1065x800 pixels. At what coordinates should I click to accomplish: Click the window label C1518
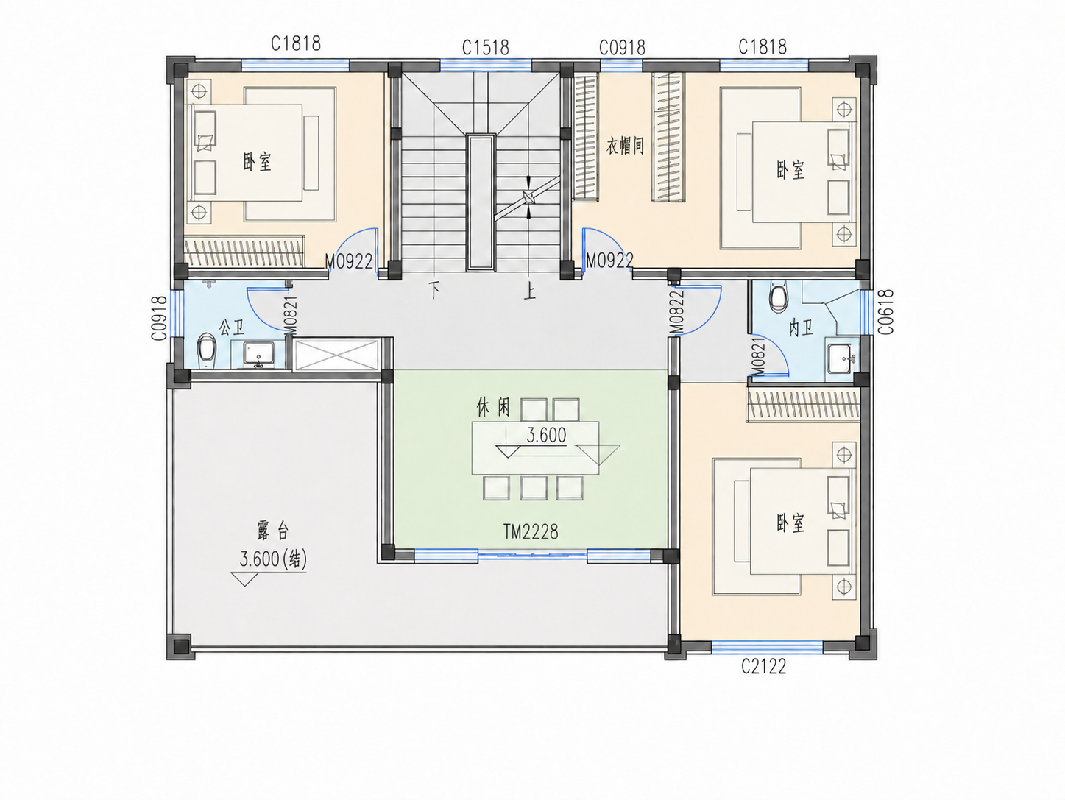point(485,48)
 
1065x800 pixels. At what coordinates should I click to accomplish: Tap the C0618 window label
point(886,311)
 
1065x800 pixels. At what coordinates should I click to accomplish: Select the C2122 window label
point(763,667)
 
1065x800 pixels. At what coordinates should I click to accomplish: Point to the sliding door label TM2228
point(531,532)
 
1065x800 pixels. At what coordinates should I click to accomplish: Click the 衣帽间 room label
point(625,146)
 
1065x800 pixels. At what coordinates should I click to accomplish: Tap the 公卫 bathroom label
point(231,328)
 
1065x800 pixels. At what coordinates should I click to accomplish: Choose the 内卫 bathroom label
point(801,328)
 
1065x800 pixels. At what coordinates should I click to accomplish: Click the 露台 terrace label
point(272,530)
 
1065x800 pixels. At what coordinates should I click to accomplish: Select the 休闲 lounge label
point(493,408)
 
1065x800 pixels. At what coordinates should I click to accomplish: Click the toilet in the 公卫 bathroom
point(207,347)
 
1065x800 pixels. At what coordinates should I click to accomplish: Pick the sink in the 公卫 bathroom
point(258,354)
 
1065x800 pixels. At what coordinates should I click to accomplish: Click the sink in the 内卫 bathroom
point(840,359)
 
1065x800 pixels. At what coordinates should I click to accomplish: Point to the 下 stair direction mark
point(434,291)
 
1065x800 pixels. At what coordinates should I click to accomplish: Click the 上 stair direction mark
point(529,291)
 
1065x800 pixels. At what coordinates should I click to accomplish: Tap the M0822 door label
point(677,313)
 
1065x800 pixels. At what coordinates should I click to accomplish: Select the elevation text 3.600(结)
point(273,559)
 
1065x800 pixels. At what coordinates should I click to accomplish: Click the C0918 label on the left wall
point(160,318)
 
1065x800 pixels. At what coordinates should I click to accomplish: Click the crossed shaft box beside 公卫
point(337,355)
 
